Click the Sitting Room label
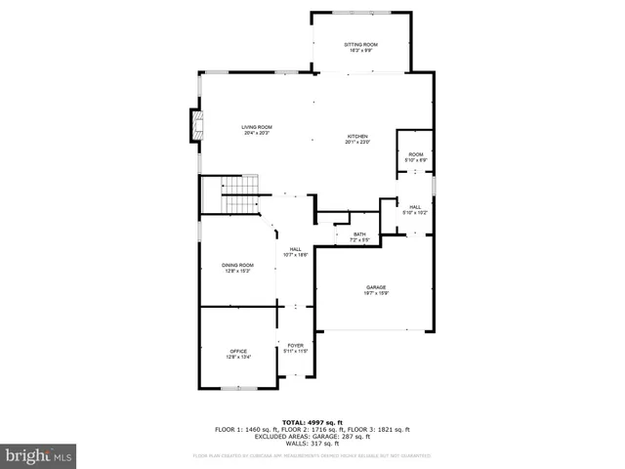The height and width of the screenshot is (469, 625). (x=360, y=45)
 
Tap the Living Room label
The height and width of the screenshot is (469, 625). (x=258, y=127)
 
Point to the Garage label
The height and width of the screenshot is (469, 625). (x=376, y=287)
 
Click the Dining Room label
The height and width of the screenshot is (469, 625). (x=237, y=266)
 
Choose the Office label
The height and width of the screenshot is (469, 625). (x=238, y=351)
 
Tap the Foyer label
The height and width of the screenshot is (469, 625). (x=295, y=345)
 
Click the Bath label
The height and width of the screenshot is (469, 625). (x=359, y=234)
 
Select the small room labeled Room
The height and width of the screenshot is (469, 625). (x=416, y=154)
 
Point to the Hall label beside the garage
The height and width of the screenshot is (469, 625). (x=415, y=206)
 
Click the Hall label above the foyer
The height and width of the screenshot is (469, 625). (x=295, y=249)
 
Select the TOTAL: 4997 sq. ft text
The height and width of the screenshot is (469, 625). (x=312, y=421)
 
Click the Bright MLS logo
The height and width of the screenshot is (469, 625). (x=38, y=455)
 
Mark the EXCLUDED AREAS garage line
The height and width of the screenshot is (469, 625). (x=312, y=436)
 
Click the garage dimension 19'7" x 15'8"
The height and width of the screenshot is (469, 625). (x=376, y=293)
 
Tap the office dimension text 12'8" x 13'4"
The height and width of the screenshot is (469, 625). (x=238, y=357)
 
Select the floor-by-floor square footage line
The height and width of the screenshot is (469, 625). (x=312, y=429)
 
